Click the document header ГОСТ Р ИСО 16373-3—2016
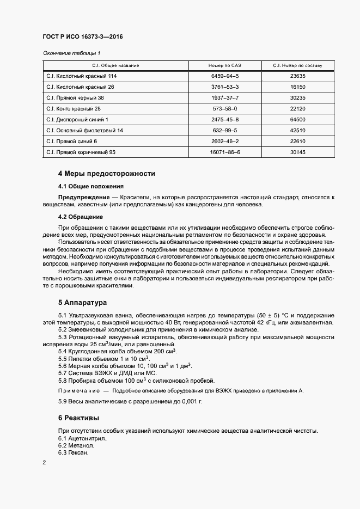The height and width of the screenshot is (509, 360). coord(82,38)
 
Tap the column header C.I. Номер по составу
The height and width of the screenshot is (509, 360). coord(298,65)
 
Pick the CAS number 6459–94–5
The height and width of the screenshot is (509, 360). coord(225,76)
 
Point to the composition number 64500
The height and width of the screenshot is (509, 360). coord(298,119)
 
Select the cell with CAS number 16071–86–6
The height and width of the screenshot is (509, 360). coord(225,152)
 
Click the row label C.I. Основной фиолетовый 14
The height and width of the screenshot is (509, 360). coord(85,131)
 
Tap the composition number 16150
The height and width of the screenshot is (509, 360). coord(298,87)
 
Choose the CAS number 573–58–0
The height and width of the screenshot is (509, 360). coord(225,108)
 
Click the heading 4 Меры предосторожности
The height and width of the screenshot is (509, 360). coord(107,174)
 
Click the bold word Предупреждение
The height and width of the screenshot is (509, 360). coord(83,197)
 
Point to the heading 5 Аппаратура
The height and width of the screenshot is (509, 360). coord(82,302)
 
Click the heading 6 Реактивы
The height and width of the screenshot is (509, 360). coord(78,418)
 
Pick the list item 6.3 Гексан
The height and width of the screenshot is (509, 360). coord(73,452)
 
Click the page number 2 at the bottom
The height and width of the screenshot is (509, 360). coord(44,463)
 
